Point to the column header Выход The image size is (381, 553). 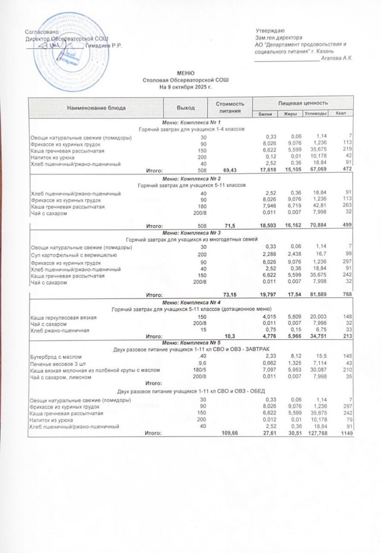[186, 107]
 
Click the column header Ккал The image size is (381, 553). [341, 114]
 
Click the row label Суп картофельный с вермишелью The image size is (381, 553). [72, 255]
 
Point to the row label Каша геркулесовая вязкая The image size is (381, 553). [61, 317]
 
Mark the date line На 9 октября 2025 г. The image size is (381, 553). [186, 86]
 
